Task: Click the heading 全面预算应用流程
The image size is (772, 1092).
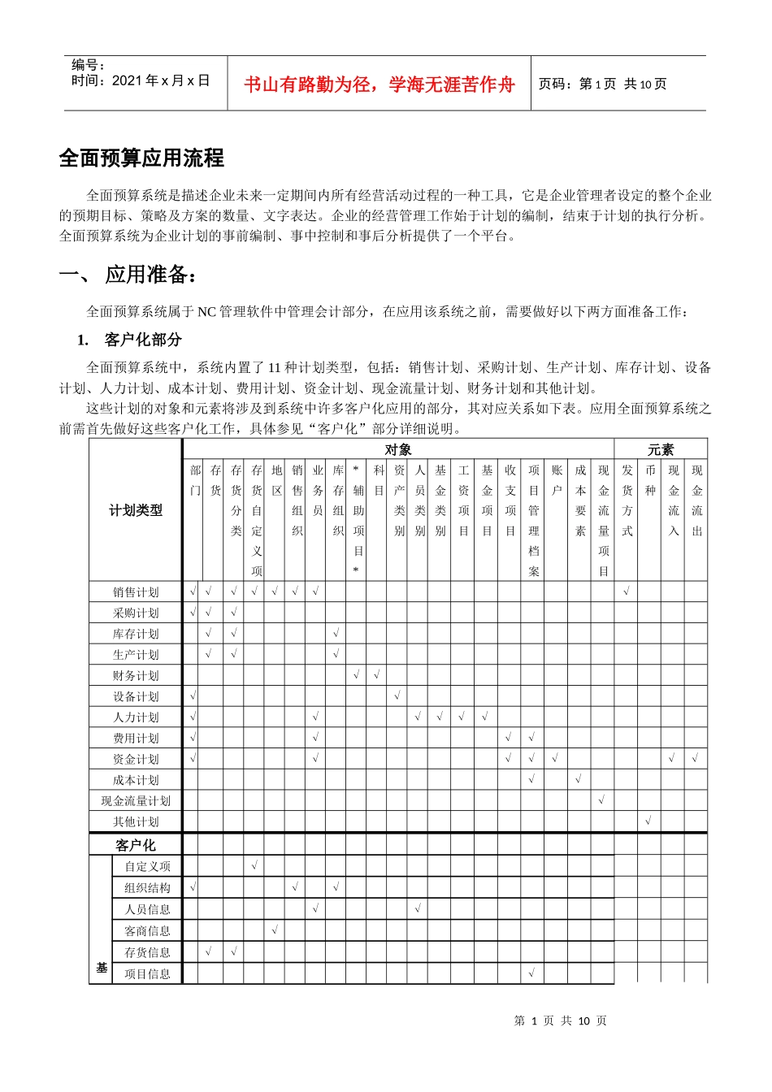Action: (x=141, y=158)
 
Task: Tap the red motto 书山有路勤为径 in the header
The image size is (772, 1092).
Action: (x=379, y=84)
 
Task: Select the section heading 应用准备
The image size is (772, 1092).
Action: (x=150, y=275)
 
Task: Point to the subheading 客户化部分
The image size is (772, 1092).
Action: (x=142, y=340)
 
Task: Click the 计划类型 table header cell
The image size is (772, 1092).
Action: (x=136, y=510)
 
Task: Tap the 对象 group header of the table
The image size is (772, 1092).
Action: (x=398, y=449)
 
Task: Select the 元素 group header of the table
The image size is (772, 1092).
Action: (x=660, y=449)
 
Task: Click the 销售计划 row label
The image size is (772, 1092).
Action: (x=136, y=591)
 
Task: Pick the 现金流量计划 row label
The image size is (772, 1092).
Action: (x=136, y=800)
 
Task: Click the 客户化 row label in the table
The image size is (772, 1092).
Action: (x=136, y=845)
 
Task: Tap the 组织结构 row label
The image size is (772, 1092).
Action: (x=147, y=888)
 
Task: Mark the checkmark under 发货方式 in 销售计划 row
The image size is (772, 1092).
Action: (x=627, y=591)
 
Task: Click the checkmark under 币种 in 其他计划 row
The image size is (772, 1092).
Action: (x=648, y=821)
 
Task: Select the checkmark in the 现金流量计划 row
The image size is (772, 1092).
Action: (x=602, y=800)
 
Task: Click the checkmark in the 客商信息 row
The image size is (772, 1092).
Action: (x=275, y=930)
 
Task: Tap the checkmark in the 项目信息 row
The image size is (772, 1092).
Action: (x=532, y=973)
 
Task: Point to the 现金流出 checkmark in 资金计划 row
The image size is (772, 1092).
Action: (x=696, y=759)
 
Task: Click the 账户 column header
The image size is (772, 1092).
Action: (x=557, y=480)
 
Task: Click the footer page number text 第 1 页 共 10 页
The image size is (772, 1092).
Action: (x=561, y=1020)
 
